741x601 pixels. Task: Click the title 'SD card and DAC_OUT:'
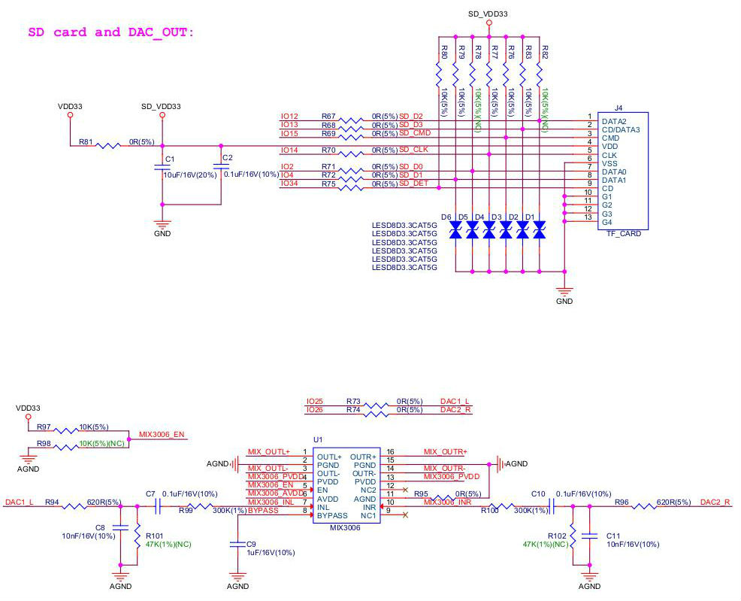(x=110, y=32)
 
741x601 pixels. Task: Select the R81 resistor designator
(x=86, y=141)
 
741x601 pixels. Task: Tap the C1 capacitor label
(x=170, y=159)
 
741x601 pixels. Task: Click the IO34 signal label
(x=289, y=183)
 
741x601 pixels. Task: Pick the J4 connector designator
(x=619, y=108)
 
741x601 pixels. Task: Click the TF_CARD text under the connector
(x=624, y=233)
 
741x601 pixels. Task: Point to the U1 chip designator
(x=318, y=439)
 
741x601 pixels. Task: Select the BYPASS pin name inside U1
(x=332, y=517)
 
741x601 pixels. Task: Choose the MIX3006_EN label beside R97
(x=162, y=435)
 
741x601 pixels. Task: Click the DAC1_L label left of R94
(x=19, y=502)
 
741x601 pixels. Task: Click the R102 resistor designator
(x=556, y=536)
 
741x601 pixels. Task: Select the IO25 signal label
(x=314, y=401)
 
